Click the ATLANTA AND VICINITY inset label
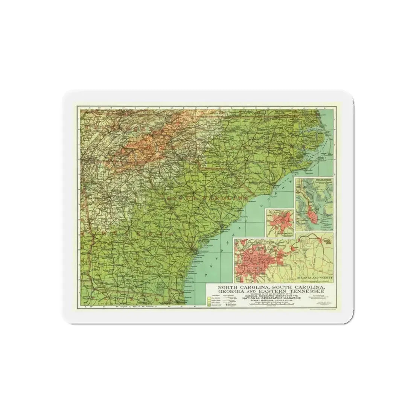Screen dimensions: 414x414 pyautogui.click(x=315, y=278)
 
